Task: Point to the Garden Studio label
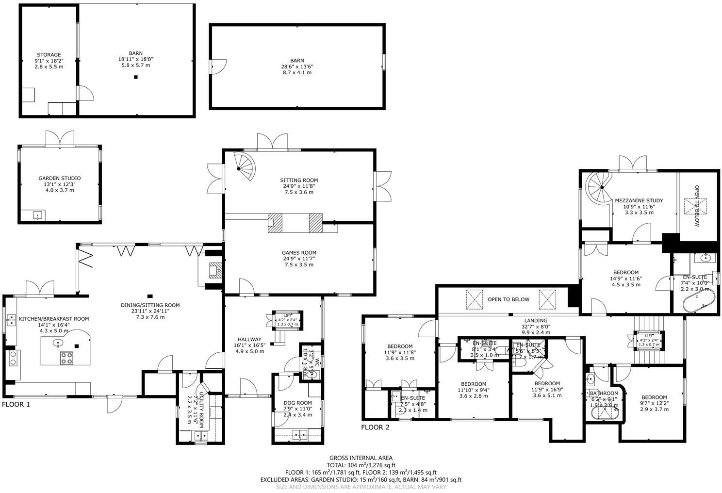pos(60,179)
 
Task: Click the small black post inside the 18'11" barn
pos(136,77)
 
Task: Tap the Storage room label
pos(49,55)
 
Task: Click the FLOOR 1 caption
pos(16,404)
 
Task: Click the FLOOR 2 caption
pos(375,427)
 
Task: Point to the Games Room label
pos(299,253)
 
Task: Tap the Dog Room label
pos(297,402)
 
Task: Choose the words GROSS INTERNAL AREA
pos(361,458)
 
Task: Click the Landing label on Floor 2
pos(536,321)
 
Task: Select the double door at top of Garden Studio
pos(60,139)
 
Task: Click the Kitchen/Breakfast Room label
pos(53,319)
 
